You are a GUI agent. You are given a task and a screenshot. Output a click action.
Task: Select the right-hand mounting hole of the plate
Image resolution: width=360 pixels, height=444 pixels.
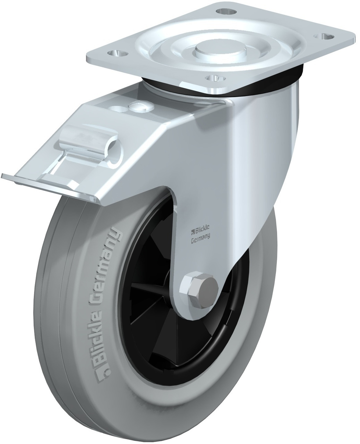click(324, 36)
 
